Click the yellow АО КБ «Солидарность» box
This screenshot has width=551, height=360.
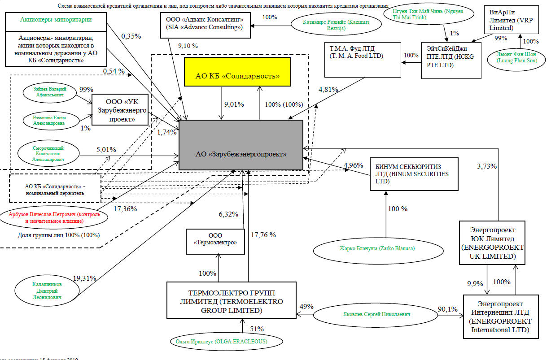[237, 75]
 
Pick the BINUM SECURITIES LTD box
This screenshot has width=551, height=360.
[413, 174]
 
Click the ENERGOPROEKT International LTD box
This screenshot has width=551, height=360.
[500, 317]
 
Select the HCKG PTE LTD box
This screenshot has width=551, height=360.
[451, 61]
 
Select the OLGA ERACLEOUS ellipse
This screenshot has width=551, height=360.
[227, 342]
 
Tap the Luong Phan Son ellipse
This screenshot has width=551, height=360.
[520, 58]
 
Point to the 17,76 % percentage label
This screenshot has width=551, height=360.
[263, 235]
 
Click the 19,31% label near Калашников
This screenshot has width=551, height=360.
[84, 278]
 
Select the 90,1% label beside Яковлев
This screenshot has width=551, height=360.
[447, 308]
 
